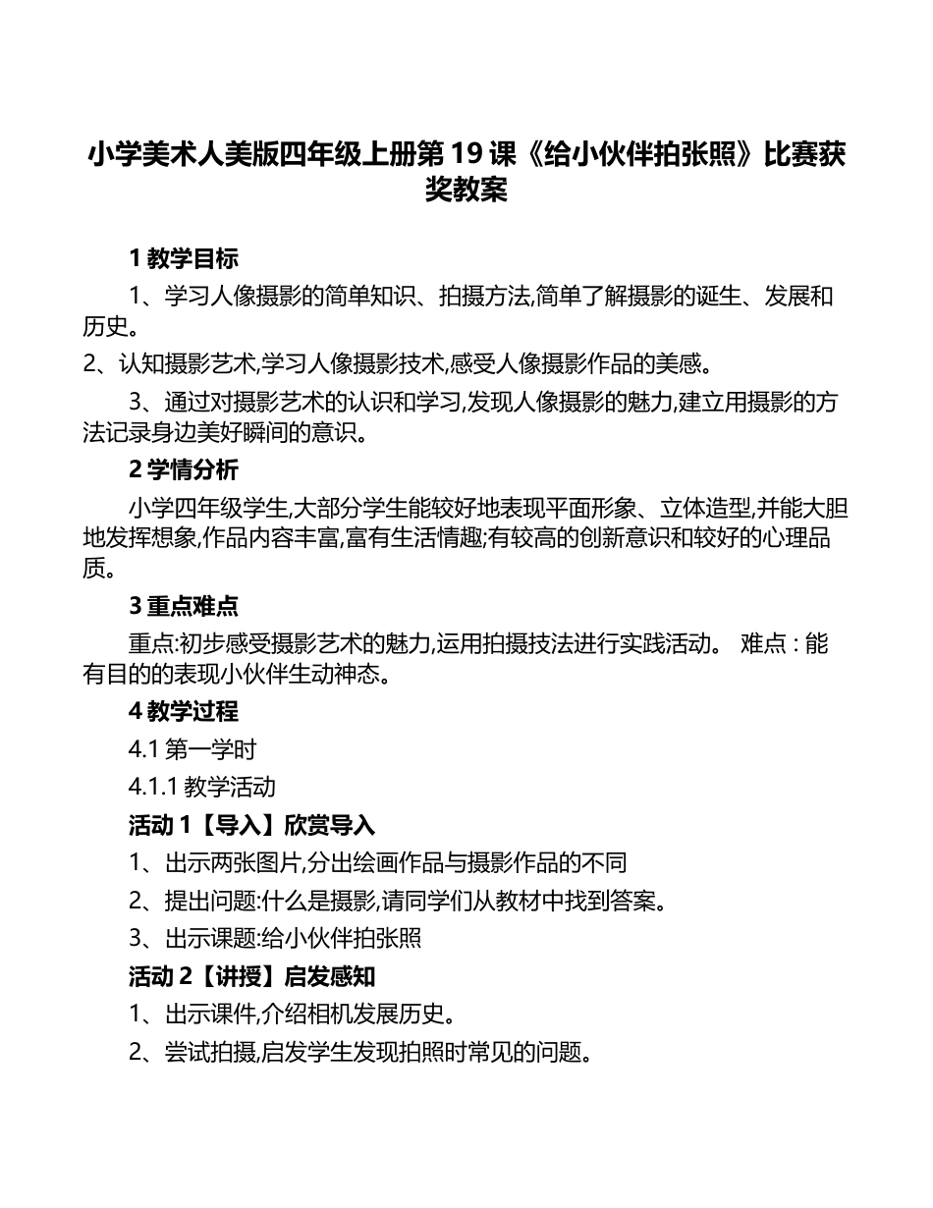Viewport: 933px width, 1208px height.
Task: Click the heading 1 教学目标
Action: pyautogui.click(x=184, y=259)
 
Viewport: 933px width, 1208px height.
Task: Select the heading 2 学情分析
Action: pyautogui.click(x=184, y=471)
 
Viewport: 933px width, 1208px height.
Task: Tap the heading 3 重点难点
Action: pyautogui.click(x=184, y=606)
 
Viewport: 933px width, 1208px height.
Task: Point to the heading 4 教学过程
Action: pyautogui.click(x=184, y=711)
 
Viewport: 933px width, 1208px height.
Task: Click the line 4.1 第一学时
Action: pyautogui.click(x=192, y=750)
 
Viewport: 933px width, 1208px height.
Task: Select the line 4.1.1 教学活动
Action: pyautogui.click(x=201, y=787)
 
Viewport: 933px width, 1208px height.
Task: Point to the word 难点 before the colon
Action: pyautogui.click(x=762, y=644)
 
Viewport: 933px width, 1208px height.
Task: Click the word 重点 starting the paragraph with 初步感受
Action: pyautogui.click(x=150, y=644)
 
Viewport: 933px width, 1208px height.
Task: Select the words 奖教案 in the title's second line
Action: pyautogui.click(x=466, y=189)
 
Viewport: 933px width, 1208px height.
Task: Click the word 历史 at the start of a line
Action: pyautogui.click(x=105, y=327)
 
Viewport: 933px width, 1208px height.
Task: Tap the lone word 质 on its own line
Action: pyautogui.click(x=94, y=569)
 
